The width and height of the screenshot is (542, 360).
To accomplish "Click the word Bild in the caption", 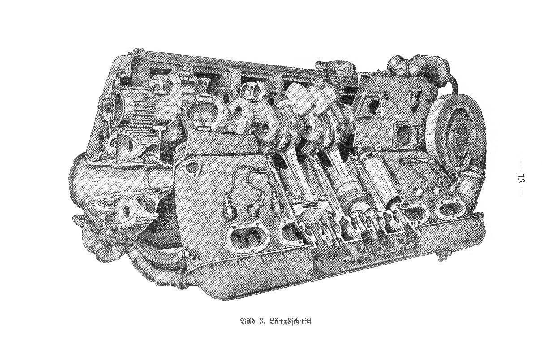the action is (247, 321).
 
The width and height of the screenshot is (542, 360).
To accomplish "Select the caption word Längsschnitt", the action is (290, 322).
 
